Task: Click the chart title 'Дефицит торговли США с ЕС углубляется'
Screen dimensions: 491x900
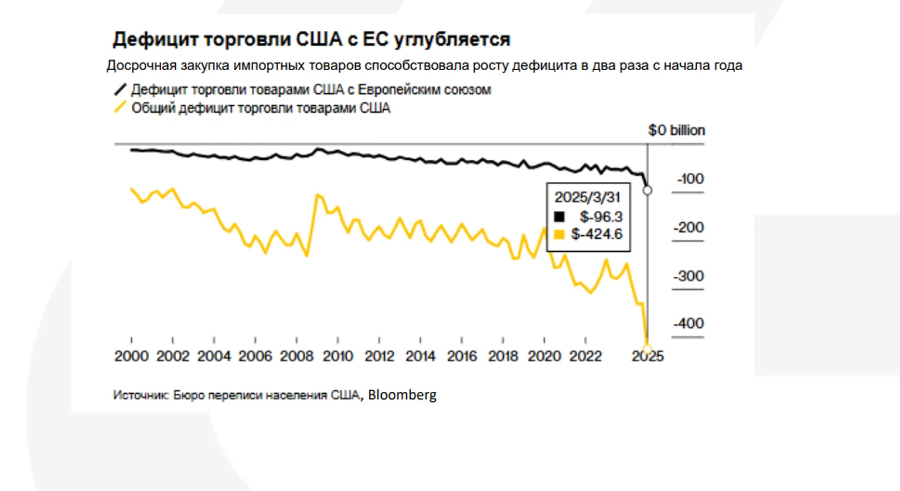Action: click(311, 39)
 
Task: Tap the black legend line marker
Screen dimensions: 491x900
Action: click(120, 90)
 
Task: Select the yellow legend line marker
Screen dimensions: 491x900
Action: click(120, 107)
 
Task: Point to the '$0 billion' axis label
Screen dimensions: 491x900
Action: click(676, 130)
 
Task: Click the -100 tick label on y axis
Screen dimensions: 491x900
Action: click(690, 179)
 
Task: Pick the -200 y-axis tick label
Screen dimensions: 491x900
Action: click(688, 227)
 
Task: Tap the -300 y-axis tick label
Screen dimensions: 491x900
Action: click(688, 276)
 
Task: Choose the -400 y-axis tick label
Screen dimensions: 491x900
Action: click(688, 324)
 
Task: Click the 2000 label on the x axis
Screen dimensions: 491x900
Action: click(131, 356)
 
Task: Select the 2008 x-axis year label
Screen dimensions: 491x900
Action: click(296, 356)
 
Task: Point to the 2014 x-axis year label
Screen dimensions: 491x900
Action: click(420, 356)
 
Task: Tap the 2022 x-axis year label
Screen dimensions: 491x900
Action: click(585, 356)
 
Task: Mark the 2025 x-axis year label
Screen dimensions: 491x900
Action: click(648, 356)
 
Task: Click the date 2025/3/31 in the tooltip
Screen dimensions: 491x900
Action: click(587, 197)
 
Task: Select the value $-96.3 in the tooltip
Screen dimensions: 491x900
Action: click(601, 217)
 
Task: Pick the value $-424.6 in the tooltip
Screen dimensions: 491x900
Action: click(596, 234)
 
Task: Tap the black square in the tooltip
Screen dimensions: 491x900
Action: click(559, 217)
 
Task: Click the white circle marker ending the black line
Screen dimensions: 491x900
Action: click(648, 191)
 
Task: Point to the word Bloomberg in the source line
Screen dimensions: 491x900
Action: click(402, 395)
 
